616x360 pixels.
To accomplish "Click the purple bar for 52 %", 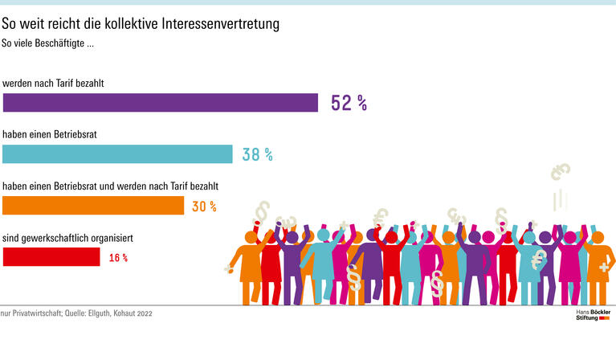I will tap(161, 102).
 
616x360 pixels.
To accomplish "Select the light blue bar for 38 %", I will tap(118, 154).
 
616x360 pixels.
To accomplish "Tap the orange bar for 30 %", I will tap(93, 206).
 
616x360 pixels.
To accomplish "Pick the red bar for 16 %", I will tap(51, 257).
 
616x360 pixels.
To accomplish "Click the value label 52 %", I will tap(349, 103).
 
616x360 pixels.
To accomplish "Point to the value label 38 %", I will tap(257, 155).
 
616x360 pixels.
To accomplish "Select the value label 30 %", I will tap(204, 207).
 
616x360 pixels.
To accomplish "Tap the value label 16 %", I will tap(118, 258).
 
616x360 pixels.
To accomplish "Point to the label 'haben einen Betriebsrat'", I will tap(50, 134).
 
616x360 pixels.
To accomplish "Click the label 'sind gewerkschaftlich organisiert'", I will tap(67, 238).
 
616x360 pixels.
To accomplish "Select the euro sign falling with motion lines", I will tap(561, 171).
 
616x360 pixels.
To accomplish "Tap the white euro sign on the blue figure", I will tap(539, 258).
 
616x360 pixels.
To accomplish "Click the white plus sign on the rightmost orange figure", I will tap(602, 266).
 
